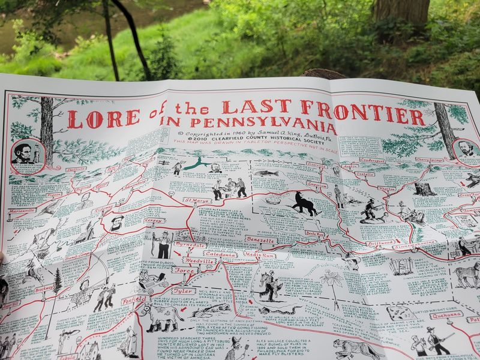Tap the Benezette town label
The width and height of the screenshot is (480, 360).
[x=260, y=240]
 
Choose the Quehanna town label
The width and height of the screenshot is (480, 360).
[x=445, y=314]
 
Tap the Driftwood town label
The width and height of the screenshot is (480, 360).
[x=380, y=243]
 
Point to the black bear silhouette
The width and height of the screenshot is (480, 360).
[x=305, y=204]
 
